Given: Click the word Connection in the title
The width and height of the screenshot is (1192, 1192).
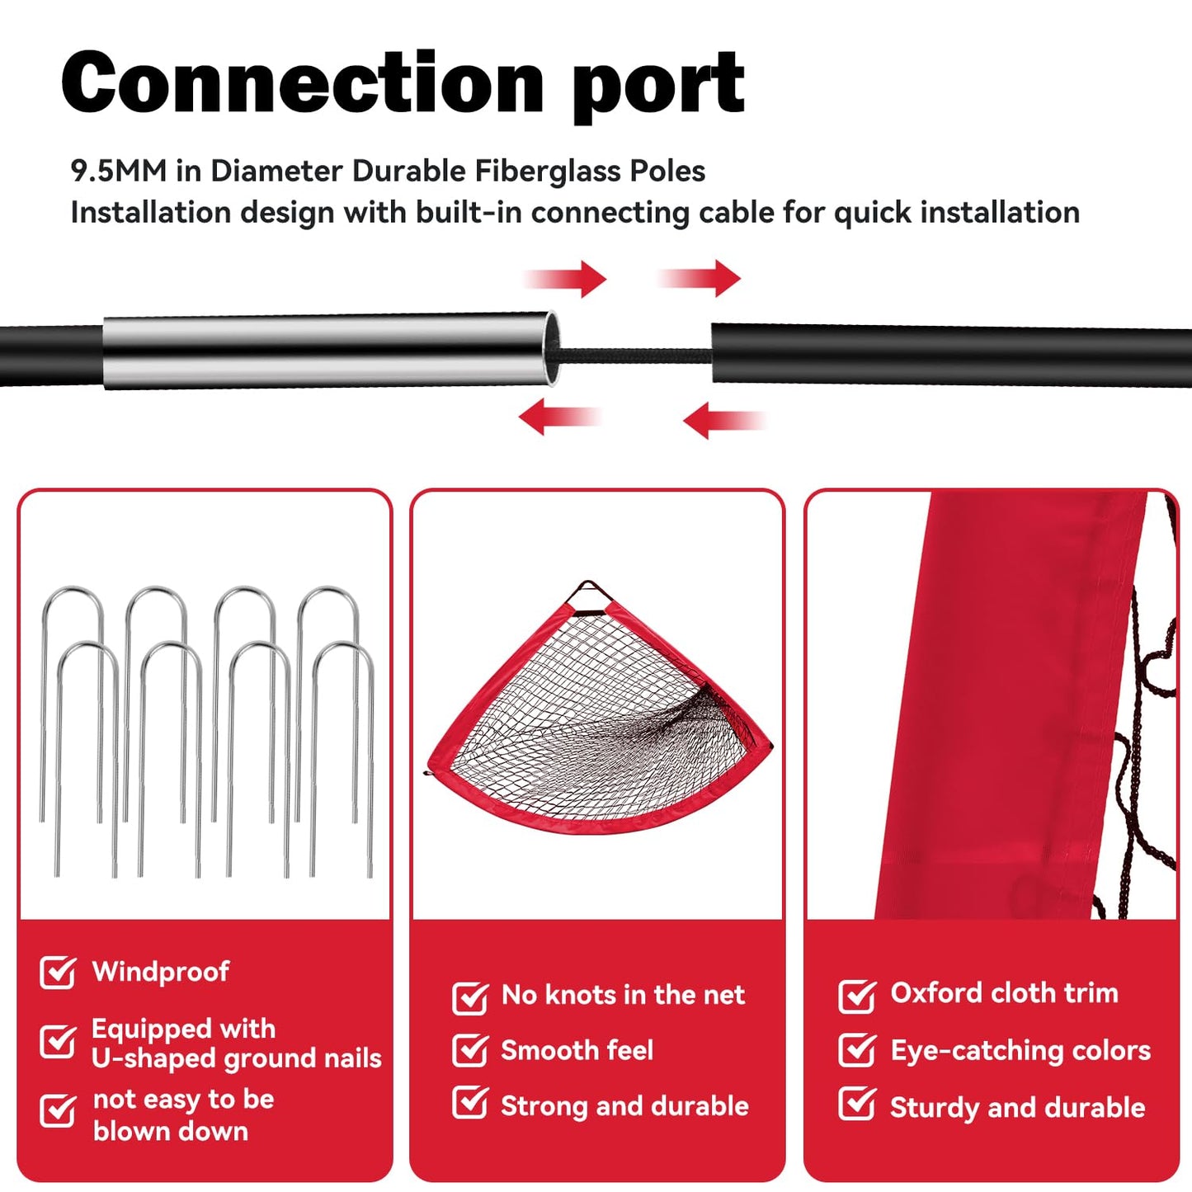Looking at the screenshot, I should (302, 82).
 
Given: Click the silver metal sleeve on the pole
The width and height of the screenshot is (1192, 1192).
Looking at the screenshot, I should (326, 351).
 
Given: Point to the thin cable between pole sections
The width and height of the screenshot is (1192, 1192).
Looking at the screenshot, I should (634, 356).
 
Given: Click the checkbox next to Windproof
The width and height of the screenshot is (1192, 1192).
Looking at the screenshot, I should (58, 973).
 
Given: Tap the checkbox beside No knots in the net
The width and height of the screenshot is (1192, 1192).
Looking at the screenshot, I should (470, 996).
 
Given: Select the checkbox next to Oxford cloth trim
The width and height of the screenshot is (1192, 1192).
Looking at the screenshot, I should (857, 995).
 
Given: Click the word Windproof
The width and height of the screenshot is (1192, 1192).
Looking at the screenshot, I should (161, 972).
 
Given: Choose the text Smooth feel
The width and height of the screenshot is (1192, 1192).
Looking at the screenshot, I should (577, 1050).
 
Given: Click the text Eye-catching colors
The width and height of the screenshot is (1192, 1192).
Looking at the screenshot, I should (1020, 1050).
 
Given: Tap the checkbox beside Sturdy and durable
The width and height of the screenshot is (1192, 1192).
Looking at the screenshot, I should (857, 1104).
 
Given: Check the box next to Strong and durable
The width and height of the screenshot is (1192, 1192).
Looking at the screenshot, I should (470, 1103).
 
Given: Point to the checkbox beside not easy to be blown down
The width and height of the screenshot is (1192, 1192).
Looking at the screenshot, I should (58, 1110).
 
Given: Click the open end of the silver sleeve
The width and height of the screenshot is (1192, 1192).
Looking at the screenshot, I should (553, 348).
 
